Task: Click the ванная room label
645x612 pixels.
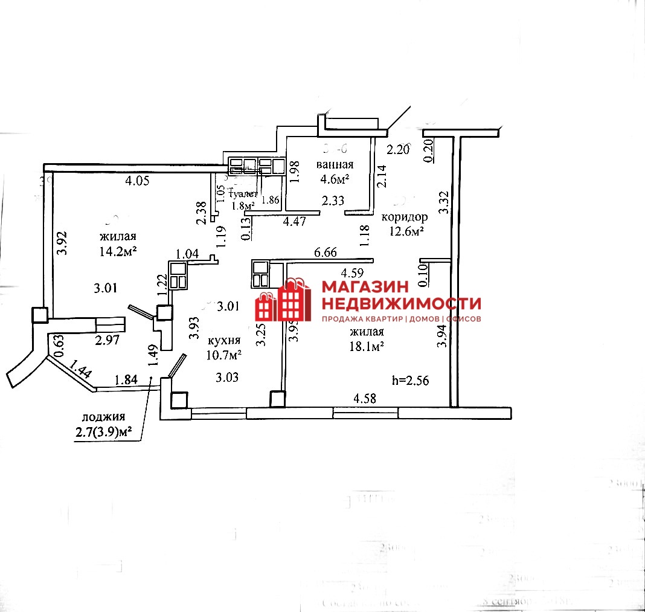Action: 335,165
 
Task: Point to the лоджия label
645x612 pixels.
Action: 104,417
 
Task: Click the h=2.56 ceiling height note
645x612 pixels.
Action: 410,380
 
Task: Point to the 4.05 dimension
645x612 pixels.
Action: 137,179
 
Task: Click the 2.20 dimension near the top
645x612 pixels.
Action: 399,150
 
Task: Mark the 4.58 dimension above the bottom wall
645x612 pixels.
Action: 365,398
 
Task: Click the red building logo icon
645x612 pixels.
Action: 283,300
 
